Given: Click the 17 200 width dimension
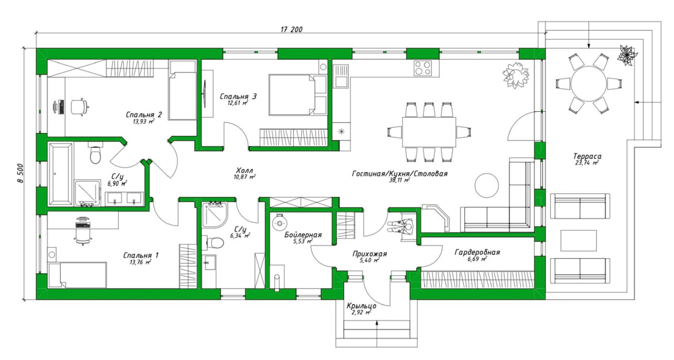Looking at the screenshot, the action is coord(292,29).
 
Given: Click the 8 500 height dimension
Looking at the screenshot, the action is coord(20,173).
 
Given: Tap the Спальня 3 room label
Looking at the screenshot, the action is coord(238,97).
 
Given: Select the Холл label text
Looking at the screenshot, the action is coord(244,170).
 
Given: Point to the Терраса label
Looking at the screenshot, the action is coord(587,156).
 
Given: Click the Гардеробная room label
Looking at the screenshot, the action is coord(477,252).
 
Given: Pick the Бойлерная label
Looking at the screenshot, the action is coord(303,235).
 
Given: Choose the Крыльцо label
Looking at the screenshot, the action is coord(361,306).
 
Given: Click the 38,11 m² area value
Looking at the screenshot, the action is coord(399,180).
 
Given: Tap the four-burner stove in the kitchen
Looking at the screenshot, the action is coord(423,68).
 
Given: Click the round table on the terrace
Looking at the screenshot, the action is coord(588,84).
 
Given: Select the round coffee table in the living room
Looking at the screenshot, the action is coord(487,185).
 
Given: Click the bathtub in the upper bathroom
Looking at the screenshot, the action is coord(61,174).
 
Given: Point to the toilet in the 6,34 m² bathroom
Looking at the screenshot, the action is coord(215,243).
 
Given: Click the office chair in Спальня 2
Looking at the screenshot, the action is coord(79,107).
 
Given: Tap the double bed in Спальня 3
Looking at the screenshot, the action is coord(298,95).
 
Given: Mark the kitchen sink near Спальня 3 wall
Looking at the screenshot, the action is coord(341,76).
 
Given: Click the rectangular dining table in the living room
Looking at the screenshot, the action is coord(429,132).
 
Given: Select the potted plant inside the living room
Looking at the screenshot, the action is coord(516,75).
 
